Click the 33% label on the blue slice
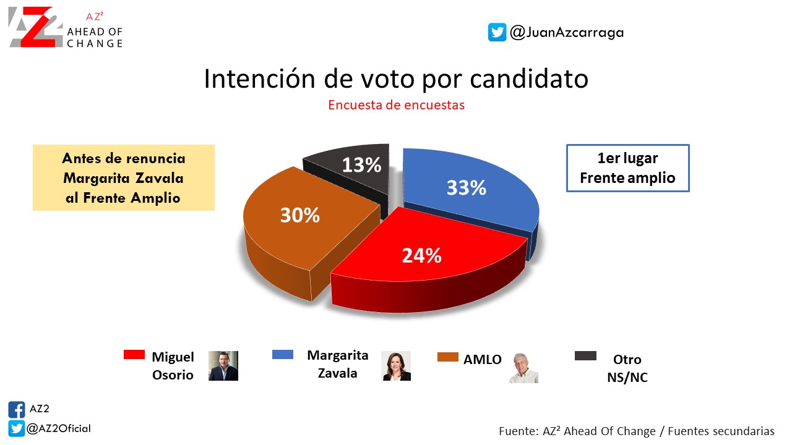click(x=467, y=187)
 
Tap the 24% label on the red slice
click(x=422, y=255)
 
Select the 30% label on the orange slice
click(x=300, y=215)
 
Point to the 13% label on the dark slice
click(x=361, y=165)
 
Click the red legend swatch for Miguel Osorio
click(x=134, y=354)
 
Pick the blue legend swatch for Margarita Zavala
click(x=283, y=354)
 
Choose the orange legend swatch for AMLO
click(x=447, y=357)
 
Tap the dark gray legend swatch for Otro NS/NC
click(x=585, y=355)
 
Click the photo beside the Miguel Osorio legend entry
click(x=223, y=365)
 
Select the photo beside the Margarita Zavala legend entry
click(x=396, y=365)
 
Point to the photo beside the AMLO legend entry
click(x=523, y=368)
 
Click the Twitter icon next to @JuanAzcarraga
click(x=497, y=32)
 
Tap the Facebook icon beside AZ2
click(x=16, y=410)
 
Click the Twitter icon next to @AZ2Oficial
click(x=16, y=428)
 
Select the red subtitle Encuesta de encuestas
click(x=396, y=105)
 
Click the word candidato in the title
click(x=529, y=78)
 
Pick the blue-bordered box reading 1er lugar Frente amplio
click(x=627, y=168)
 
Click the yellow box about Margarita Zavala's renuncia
click(x=124, y=177)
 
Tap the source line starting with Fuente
click(x=637, y=431)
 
